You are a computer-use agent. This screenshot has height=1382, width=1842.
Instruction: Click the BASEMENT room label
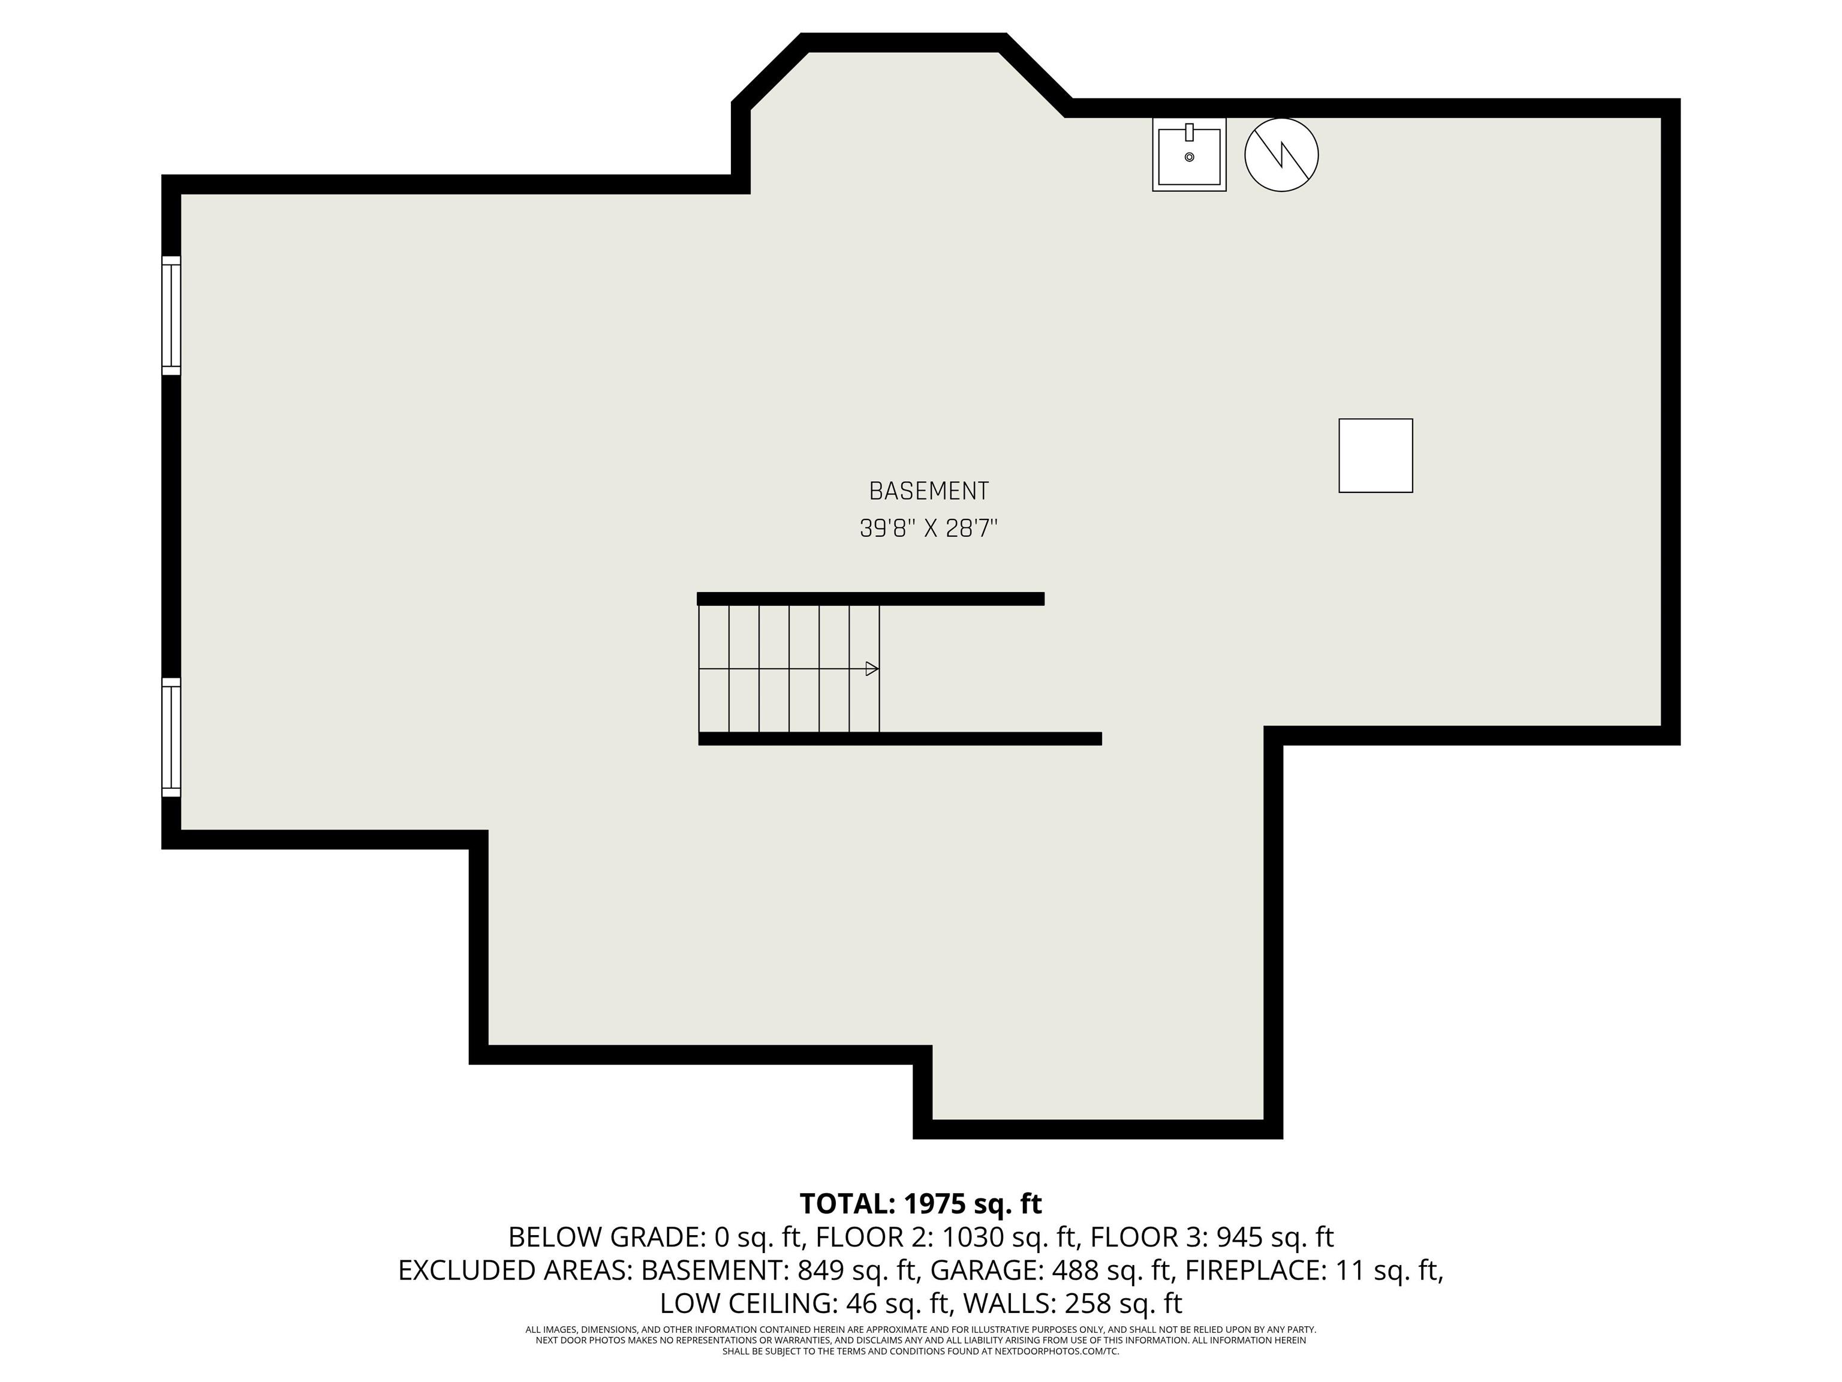point(928,491)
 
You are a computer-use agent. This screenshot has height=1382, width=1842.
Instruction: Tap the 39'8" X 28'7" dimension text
point(928,528)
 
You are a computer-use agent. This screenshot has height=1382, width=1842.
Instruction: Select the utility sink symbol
point(1189,154)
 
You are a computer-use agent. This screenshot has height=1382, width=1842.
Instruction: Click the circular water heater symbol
point(1281,154)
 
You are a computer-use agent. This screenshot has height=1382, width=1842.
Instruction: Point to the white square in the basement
point(1376,456)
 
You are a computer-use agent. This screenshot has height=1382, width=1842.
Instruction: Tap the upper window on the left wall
point(171,316)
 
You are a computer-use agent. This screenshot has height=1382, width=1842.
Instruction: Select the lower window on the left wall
point(171,737)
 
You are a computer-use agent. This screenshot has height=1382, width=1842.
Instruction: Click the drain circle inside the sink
point(1189,157)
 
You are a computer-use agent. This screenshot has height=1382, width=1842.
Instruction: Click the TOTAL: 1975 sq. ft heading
point(920,1204)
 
